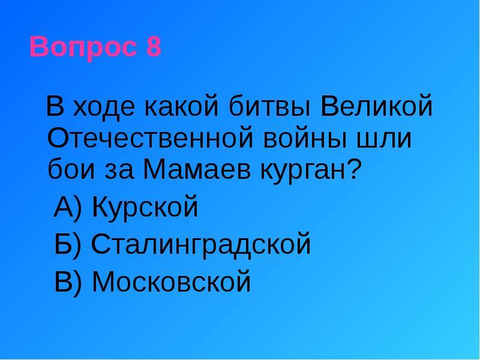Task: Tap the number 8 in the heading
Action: click(153, 47)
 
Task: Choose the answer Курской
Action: click(145, 208)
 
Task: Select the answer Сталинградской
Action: click(202, 245)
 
